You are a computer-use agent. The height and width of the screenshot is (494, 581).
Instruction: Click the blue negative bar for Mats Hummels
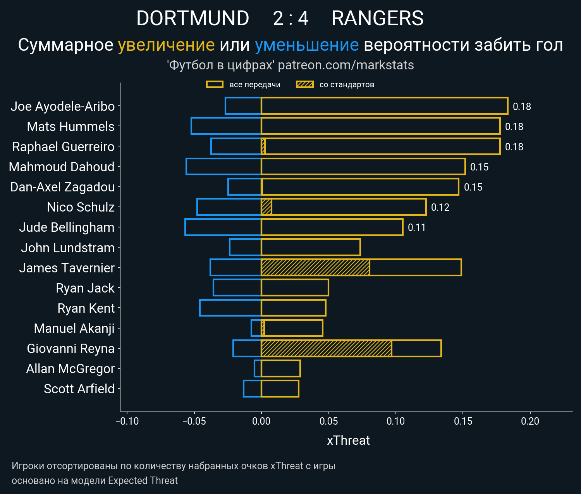tap(226, 126)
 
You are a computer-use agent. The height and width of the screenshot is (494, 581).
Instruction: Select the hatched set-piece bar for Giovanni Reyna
tap(326, 348)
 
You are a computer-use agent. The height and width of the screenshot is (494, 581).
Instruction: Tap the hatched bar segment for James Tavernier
tap(315, 268)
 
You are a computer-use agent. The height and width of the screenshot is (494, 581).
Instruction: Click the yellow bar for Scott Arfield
tap(280, 389)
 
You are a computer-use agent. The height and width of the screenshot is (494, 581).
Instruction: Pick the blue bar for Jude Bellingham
tap(223, 227)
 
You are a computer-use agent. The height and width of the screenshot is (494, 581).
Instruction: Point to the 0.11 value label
tap(417, 227)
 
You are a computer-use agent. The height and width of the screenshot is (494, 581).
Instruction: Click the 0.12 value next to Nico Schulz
tap(440, 207)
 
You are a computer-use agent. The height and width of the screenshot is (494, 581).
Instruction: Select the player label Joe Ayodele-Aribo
tap(63, 106)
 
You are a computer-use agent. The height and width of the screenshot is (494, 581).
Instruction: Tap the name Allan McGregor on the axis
tap(70, 368)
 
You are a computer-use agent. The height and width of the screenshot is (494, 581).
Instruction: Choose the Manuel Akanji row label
tap(74, 328)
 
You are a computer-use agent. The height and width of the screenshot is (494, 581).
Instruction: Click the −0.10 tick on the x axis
tap(127, 421)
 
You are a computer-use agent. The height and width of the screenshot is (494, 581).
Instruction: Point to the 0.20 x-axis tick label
tap(530, 421)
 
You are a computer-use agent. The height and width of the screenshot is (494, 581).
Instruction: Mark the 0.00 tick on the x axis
tap(261, 421)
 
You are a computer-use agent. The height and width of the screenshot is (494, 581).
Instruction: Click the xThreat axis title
tap(348, 441)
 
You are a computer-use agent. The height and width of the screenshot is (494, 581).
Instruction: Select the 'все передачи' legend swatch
tap(215, 84)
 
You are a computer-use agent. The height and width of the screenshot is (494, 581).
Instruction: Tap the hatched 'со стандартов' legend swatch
tap(304, 84)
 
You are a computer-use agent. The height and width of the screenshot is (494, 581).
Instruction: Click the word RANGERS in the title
tap(378, 18)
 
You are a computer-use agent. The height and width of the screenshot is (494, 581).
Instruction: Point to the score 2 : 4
tap(290, 18)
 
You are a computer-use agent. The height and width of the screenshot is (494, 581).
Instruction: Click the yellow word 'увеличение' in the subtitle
tap(166, 45)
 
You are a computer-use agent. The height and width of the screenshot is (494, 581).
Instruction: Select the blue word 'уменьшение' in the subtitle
tap(307, 45)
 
